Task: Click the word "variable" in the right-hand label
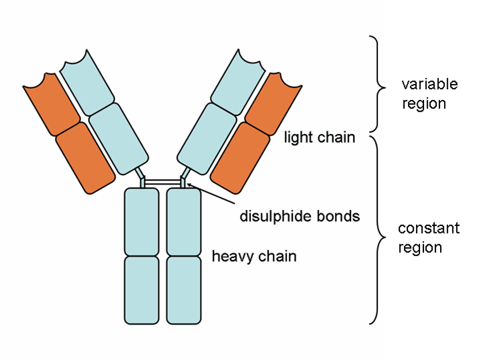coord(429,84)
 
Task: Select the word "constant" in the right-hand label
coord(429,228)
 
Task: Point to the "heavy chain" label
coord(254,255)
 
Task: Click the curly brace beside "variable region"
coord(377,84)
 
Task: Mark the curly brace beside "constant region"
coord(377,230)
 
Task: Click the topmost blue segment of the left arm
coord(85,81)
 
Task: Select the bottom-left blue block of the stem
coord(142,289)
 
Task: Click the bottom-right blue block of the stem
coord(184,289)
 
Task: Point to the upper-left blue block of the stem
coord(142,221)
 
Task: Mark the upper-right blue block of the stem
coord(184,221)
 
